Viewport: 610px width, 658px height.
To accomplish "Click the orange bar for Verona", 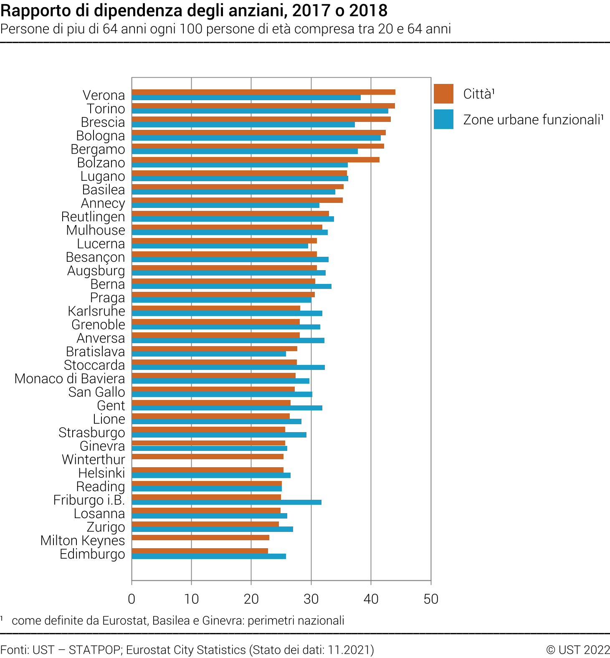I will click(263, 92).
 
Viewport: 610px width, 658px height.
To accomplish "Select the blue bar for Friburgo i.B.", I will click(226, 502).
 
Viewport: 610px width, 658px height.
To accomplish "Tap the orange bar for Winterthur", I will click(208, 456).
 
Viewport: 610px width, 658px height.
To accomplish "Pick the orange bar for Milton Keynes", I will click(200, 537).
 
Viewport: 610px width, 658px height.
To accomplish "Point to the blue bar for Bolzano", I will click(240, 165).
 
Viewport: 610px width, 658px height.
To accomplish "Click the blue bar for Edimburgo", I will click(209, 556).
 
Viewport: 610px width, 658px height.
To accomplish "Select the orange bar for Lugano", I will click(239, 173).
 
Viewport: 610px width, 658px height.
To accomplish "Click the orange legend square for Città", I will click(443, 94).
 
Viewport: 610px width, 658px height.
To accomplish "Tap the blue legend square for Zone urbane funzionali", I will click(443, 119).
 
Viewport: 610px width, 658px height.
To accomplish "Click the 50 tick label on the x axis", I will click(431, 599).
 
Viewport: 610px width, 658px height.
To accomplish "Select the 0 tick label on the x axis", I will click(132, 599).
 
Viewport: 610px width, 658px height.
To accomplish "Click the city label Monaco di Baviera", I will click(70, 379).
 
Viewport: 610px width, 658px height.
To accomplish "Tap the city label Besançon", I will click(95, 257).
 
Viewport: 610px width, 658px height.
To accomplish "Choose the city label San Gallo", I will click(96, 392).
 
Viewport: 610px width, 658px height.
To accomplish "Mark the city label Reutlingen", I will click(93, 217).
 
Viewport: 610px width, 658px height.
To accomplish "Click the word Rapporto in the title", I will click(29, 11).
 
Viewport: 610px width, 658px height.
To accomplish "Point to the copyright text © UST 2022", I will click(578, 650).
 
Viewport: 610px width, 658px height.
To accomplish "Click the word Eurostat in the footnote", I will click(124, 621).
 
